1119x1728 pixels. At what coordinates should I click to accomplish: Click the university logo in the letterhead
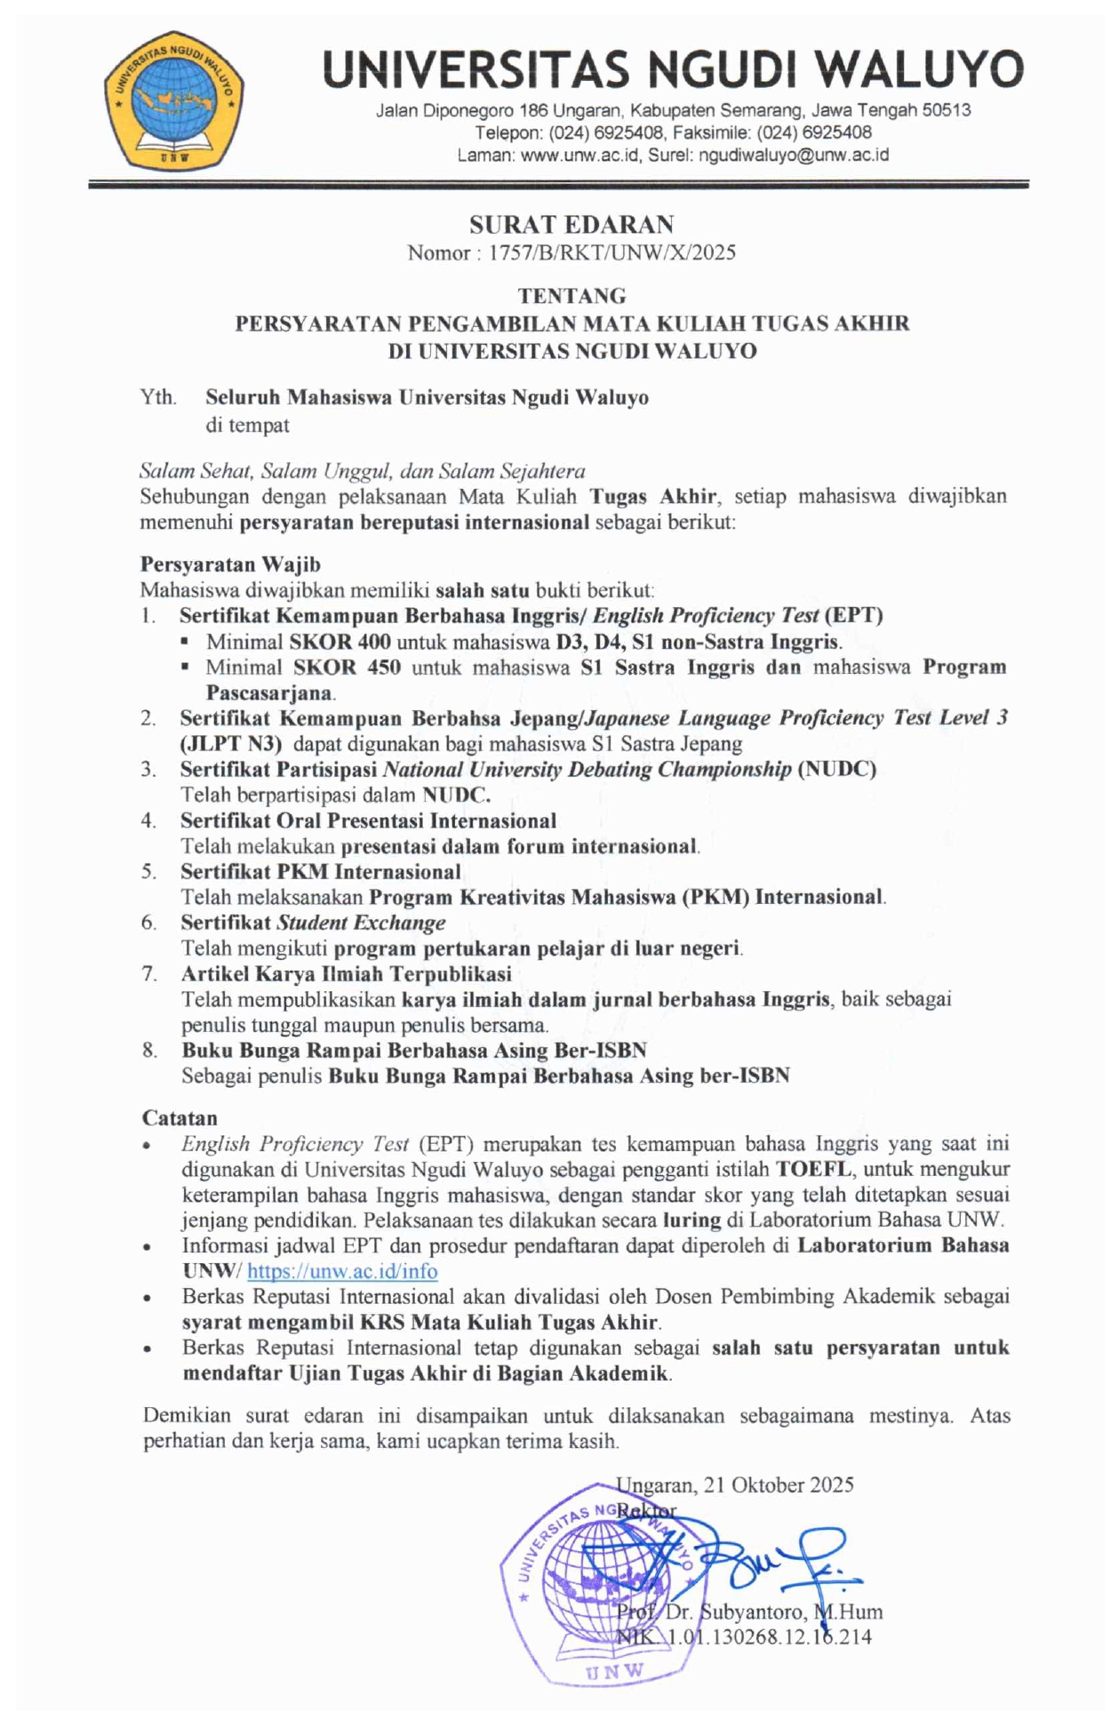click(x=174, y=100)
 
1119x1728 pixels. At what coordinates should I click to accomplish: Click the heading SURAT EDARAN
click(x=571, y=224)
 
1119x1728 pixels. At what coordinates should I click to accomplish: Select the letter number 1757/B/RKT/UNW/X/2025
click(x=611, y=253)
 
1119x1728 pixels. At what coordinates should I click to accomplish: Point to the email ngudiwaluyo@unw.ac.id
click(x=794, y=155)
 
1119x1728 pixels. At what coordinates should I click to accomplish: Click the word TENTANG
click(x=571, y=295)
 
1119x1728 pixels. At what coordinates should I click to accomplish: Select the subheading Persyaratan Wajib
click(x=230, y=564)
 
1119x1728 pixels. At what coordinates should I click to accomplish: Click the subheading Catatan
click(x=180, y=1118)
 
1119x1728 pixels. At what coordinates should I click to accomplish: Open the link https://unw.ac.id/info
click(x=342, y=1272)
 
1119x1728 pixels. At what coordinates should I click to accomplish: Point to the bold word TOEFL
click(x=813, y=1169)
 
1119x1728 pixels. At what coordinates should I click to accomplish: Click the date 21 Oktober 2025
click(x=778, y=1485)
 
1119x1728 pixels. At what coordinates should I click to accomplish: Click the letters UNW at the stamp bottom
click(x=615, y=1671)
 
